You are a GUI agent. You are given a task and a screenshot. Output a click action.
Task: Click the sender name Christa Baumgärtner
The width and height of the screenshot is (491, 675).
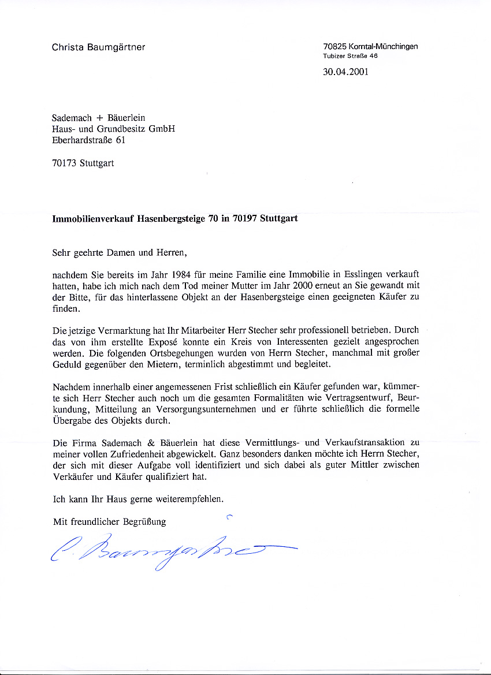click(98, 47)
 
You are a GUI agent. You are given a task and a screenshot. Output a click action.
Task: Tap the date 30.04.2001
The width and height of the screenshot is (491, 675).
click(345, 72)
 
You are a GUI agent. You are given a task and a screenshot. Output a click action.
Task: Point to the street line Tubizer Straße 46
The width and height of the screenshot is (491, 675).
click(350, 56)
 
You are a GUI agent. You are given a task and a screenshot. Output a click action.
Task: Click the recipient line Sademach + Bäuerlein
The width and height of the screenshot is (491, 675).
click(98, 118)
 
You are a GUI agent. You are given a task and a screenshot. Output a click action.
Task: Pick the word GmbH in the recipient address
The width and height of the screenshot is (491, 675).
click(162, 129)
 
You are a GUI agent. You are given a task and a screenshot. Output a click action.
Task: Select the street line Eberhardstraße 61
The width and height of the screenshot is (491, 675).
click(88, 140)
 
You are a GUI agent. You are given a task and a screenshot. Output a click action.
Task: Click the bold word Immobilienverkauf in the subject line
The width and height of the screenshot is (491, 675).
click(93, 219)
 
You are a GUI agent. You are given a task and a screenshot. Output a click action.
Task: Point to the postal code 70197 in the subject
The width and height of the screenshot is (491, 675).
click(246, 219)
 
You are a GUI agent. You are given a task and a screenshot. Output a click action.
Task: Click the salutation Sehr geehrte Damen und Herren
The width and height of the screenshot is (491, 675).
click(120, 252)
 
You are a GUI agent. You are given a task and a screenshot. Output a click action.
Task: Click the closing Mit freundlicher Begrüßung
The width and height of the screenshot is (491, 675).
click(109, 521)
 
